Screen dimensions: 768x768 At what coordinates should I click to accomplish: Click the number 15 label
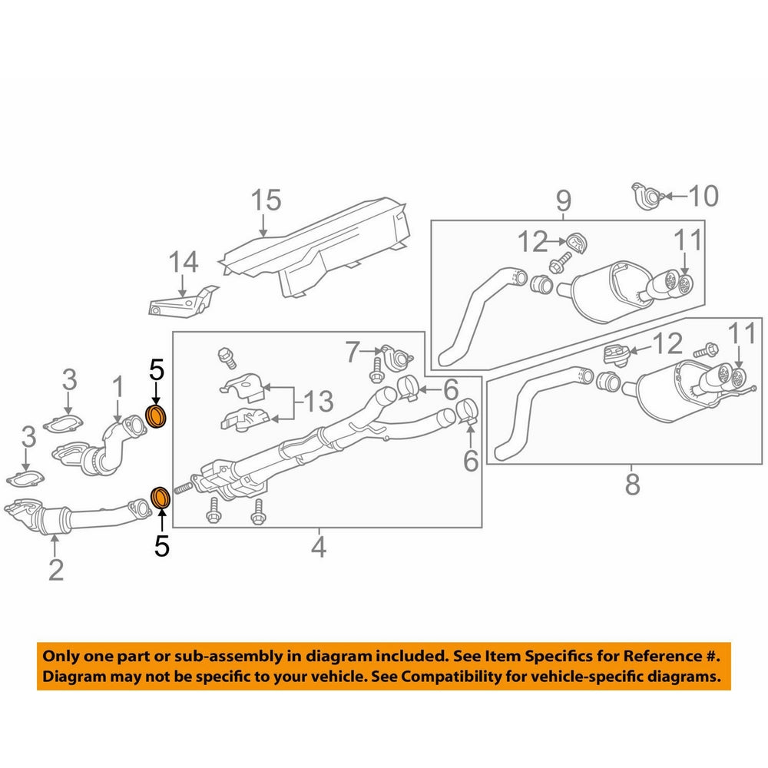click(x=266, y=201)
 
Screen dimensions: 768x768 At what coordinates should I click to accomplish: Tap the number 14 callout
click(x=184, y=263)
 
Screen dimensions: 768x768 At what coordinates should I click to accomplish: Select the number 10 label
click(x=702, y=197)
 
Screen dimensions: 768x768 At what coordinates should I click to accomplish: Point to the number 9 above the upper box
click(x=564, y=201)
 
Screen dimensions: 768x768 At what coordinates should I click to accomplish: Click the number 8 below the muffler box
click(x=632, y=485)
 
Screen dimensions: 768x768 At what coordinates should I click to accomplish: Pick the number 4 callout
click(x=318, y=548)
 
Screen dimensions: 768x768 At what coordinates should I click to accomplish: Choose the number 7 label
click(x=352, y=353)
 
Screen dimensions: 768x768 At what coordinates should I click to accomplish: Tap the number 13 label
click(x=318, y=400)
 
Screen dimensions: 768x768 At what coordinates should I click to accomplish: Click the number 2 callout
click(x=55, y=570)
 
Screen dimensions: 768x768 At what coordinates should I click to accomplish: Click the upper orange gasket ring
click(x=157, y=418)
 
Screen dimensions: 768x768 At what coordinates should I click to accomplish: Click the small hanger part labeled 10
click(x=646, y=195)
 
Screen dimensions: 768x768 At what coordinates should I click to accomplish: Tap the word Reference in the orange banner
click(x=659, y=657)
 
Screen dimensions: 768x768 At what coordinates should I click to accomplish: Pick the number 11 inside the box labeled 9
click(x=688, y=241)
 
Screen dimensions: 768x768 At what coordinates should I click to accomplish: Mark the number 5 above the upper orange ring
click(x=156, y=371)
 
